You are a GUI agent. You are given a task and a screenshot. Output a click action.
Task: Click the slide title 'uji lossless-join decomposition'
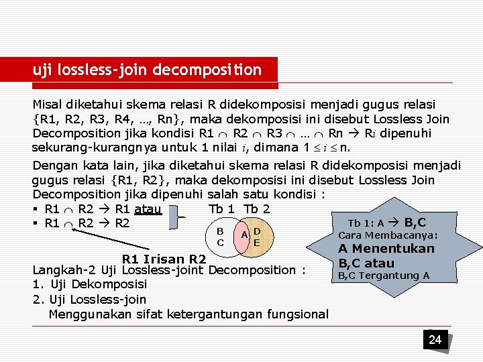click(x=148, y=70)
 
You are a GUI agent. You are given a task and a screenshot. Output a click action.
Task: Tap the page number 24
click(x=435, y=340)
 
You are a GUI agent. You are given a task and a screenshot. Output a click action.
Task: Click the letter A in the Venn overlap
click(x=246, y=234)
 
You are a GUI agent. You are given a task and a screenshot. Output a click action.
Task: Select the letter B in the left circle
click(x=220, y=230)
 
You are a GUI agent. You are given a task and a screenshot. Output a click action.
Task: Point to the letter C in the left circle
click(x=220, y=242)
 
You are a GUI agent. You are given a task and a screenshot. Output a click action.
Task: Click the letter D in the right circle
click(x=257, y=231)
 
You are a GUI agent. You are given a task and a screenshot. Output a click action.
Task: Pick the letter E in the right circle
click(x=257, y=242)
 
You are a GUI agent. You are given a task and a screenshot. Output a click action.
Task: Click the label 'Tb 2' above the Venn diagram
click(x=257, y=208)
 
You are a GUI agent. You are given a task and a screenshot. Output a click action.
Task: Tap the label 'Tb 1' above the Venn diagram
click(x=222, y=208)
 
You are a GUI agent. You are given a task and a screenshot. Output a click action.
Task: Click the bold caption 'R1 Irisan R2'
click(x=164, y=259)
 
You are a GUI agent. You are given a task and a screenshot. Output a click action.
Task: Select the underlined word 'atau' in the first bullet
click(x=147, y=209)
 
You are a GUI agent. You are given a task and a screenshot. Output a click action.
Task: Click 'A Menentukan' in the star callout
click(x=386, y=249)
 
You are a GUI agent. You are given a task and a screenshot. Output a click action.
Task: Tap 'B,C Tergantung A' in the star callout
click(x=383, y=276)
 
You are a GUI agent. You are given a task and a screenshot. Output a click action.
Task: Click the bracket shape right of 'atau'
click(x=178, y=217)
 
